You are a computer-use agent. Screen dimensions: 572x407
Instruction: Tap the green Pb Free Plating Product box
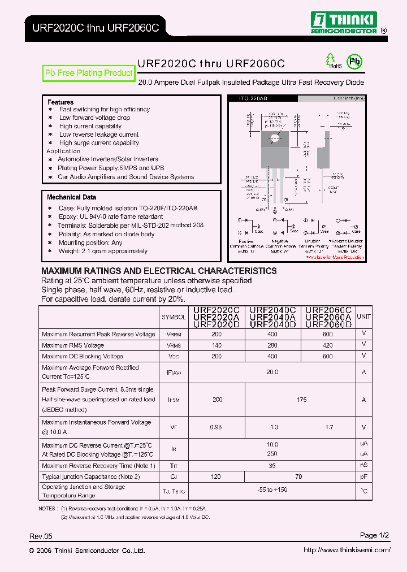[89, 73]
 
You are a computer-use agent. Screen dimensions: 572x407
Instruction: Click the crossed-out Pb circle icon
[354, 62]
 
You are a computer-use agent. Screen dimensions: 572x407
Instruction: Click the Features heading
[60, 102]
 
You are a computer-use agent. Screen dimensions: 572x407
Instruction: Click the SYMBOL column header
[174, 318]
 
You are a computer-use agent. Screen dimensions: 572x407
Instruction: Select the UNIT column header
[364, 317]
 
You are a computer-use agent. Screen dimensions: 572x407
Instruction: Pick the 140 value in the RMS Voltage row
[217, 345]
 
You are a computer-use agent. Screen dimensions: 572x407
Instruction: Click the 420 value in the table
[328, 345]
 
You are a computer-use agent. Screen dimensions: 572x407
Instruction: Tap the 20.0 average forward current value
[272, 372]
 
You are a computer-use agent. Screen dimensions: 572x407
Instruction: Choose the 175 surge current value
[301, 400]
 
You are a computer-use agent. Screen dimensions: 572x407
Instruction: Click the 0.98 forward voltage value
[217, 427]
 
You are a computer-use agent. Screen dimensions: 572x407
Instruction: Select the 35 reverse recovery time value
[272, 466]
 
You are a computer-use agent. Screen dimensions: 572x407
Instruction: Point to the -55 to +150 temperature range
[272, 490]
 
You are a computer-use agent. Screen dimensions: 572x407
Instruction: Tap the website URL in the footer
[347, 550]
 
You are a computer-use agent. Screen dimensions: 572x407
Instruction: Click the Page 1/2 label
[375, 535]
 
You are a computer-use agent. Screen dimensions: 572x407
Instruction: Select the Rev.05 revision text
[41, 536]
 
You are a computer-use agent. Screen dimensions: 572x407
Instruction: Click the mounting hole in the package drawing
[275, 137]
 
